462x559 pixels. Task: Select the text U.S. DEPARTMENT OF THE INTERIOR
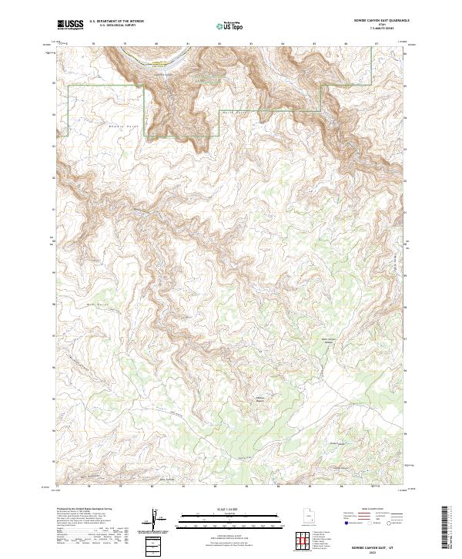point(116,22)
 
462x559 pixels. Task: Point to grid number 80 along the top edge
point(156,43)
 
